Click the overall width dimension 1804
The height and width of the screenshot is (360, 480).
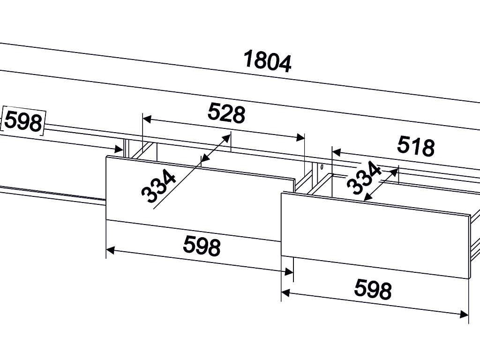(x=267, y=62)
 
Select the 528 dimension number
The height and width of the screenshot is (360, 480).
(x=226, y=113)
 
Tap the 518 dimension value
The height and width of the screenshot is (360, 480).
(x=416, y=146)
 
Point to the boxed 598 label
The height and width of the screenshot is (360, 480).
(x=23, y=121)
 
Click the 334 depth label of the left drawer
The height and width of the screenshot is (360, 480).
(x=158, y=186)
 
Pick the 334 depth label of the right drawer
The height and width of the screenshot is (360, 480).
(x=364, y=178)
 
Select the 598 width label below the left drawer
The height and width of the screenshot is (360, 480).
(x=202, y=245)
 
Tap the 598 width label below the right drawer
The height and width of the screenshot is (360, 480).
(x=373, y=289)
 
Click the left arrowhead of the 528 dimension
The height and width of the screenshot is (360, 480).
(x=147, y=119)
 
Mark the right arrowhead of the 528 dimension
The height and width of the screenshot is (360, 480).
(x=300, y=137)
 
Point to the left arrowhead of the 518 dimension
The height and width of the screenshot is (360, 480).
(x=337, y=152)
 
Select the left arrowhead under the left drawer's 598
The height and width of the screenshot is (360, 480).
(x=110, y=250)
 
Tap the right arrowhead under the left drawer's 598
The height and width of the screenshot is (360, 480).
(x=289, y=271)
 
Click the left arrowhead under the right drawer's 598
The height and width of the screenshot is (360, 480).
(x=285, y=293)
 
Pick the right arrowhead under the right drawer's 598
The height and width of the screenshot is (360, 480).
(x=464, y=314)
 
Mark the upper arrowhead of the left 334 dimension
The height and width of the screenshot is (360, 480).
(x=227, y=138)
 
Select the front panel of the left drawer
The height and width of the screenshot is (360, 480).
(x=201, y=198)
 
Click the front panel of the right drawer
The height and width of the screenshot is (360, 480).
(x=376, y=235)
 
